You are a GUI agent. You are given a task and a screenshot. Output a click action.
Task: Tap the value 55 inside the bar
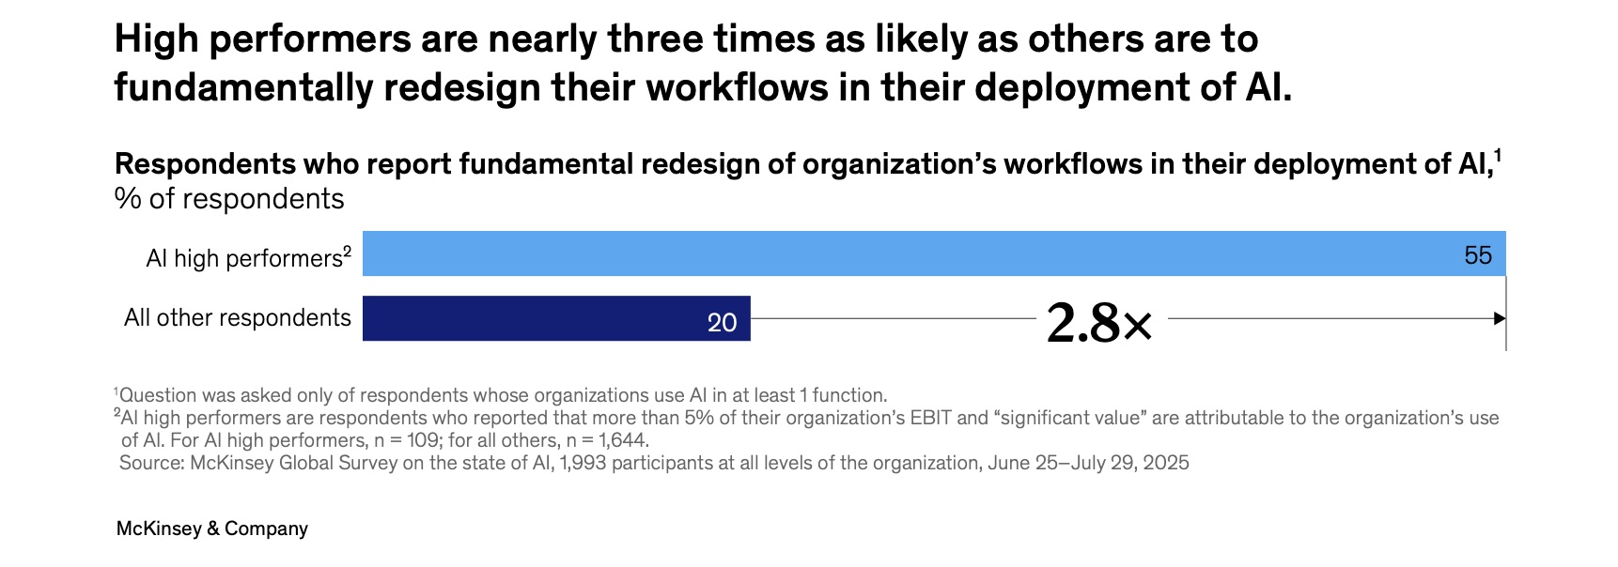coord(1477,255)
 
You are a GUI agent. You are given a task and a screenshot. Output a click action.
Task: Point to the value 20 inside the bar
coord(722,323)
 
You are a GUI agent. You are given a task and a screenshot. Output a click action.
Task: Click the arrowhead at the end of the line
coord(1500,318)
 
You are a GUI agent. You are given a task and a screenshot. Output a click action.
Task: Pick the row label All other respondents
coord(237,318)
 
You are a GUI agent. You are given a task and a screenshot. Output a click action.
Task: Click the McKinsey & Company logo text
coord(211,529)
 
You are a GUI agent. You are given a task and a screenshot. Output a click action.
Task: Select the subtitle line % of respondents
coord(229,199)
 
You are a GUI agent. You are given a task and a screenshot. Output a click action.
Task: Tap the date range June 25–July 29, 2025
coord(1088,463)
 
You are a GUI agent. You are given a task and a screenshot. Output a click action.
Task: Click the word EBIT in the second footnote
coord(930,418)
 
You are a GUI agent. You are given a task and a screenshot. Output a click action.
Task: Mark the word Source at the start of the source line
coord(150,463)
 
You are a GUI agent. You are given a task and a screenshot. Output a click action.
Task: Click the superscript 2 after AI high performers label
coord(347,252)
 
